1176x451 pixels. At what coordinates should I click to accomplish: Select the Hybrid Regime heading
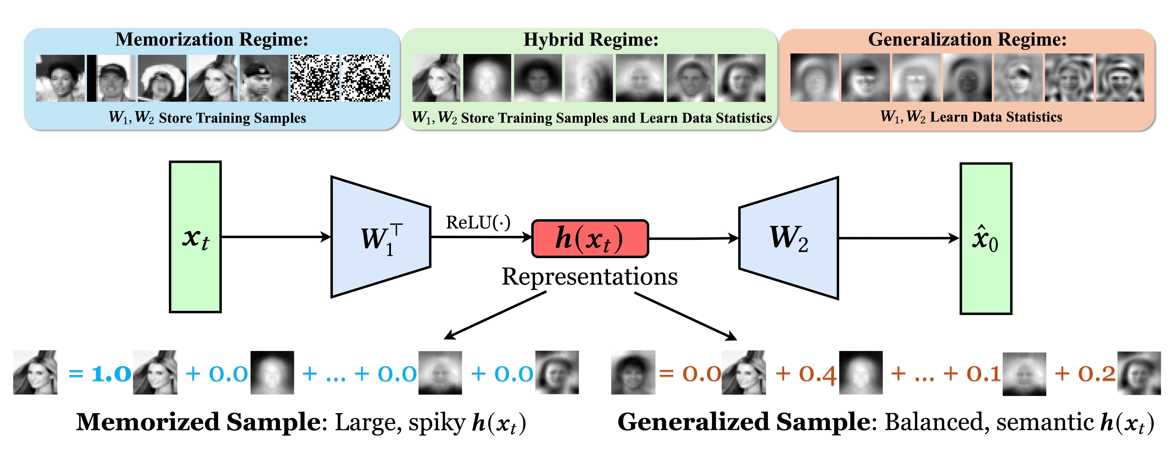pyautogui.click(x=591, y=40)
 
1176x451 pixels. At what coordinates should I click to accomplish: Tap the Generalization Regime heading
pyautogui.click(x=967, y=40)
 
